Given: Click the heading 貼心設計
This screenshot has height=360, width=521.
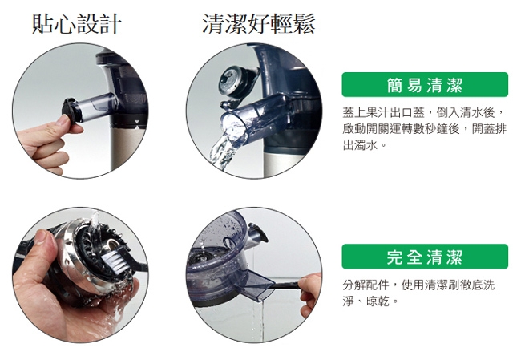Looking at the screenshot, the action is click(76, 24).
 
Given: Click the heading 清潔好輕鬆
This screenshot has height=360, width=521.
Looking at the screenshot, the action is click(259, 24).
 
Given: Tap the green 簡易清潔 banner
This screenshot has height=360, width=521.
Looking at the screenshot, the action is click(425, 85).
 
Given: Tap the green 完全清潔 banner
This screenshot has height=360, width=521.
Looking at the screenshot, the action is click(425, 257).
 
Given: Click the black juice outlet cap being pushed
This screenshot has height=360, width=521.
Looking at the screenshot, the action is click(71, 110).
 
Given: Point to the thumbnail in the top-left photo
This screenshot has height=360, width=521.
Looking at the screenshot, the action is click(63, 119).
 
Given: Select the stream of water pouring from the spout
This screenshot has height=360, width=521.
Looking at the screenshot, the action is click(222, 150).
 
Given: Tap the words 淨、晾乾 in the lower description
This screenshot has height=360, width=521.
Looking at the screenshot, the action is click(366, 301).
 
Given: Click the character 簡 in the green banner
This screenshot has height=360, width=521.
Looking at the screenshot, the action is click(394, 85).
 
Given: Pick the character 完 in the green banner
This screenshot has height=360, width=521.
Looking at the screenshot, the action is click(394, 257).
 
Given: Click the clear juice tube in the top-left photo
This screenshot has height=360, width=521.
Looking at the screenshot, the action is click(98, 106).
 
